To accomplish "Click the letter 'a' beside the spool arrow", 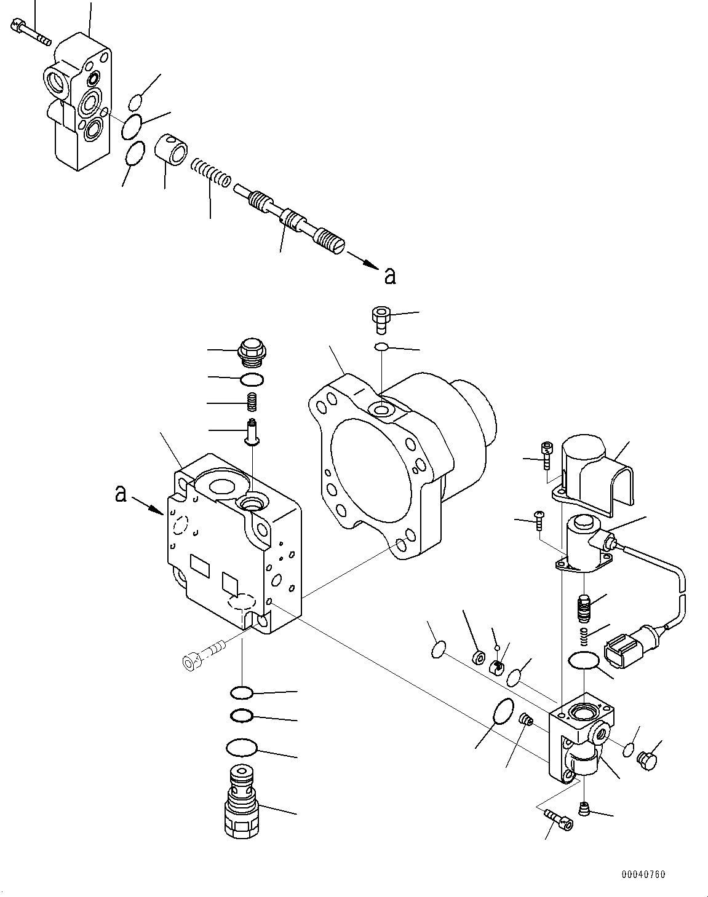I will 390,277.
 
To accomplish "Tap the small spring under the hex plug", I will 252,403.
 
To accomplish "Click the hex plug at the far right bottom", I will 646,760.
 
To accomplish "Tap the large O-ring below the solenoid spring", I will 583,662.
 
